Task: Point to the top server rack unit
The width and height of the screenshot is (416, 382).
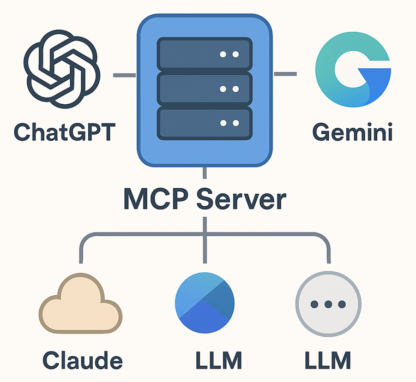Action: (204, 55)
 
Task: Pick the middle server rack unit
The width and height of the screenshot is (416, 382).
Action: (204, 89)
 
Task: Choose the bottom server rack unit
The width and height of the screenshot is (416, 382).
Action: (204, 123)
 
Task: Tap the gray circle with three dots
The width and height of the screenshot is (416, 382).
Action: (328, 303)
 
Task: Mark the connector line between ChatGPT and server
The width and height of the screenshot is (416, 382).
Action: (124, 74)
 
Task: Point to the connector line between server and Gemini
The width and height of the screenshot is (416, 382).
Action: (285, 73)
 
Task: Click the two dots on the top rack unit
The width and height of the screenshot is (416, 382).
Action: (228, 55)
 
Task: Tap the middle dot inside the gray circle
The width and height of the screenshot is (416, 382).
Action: (328, 303)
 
